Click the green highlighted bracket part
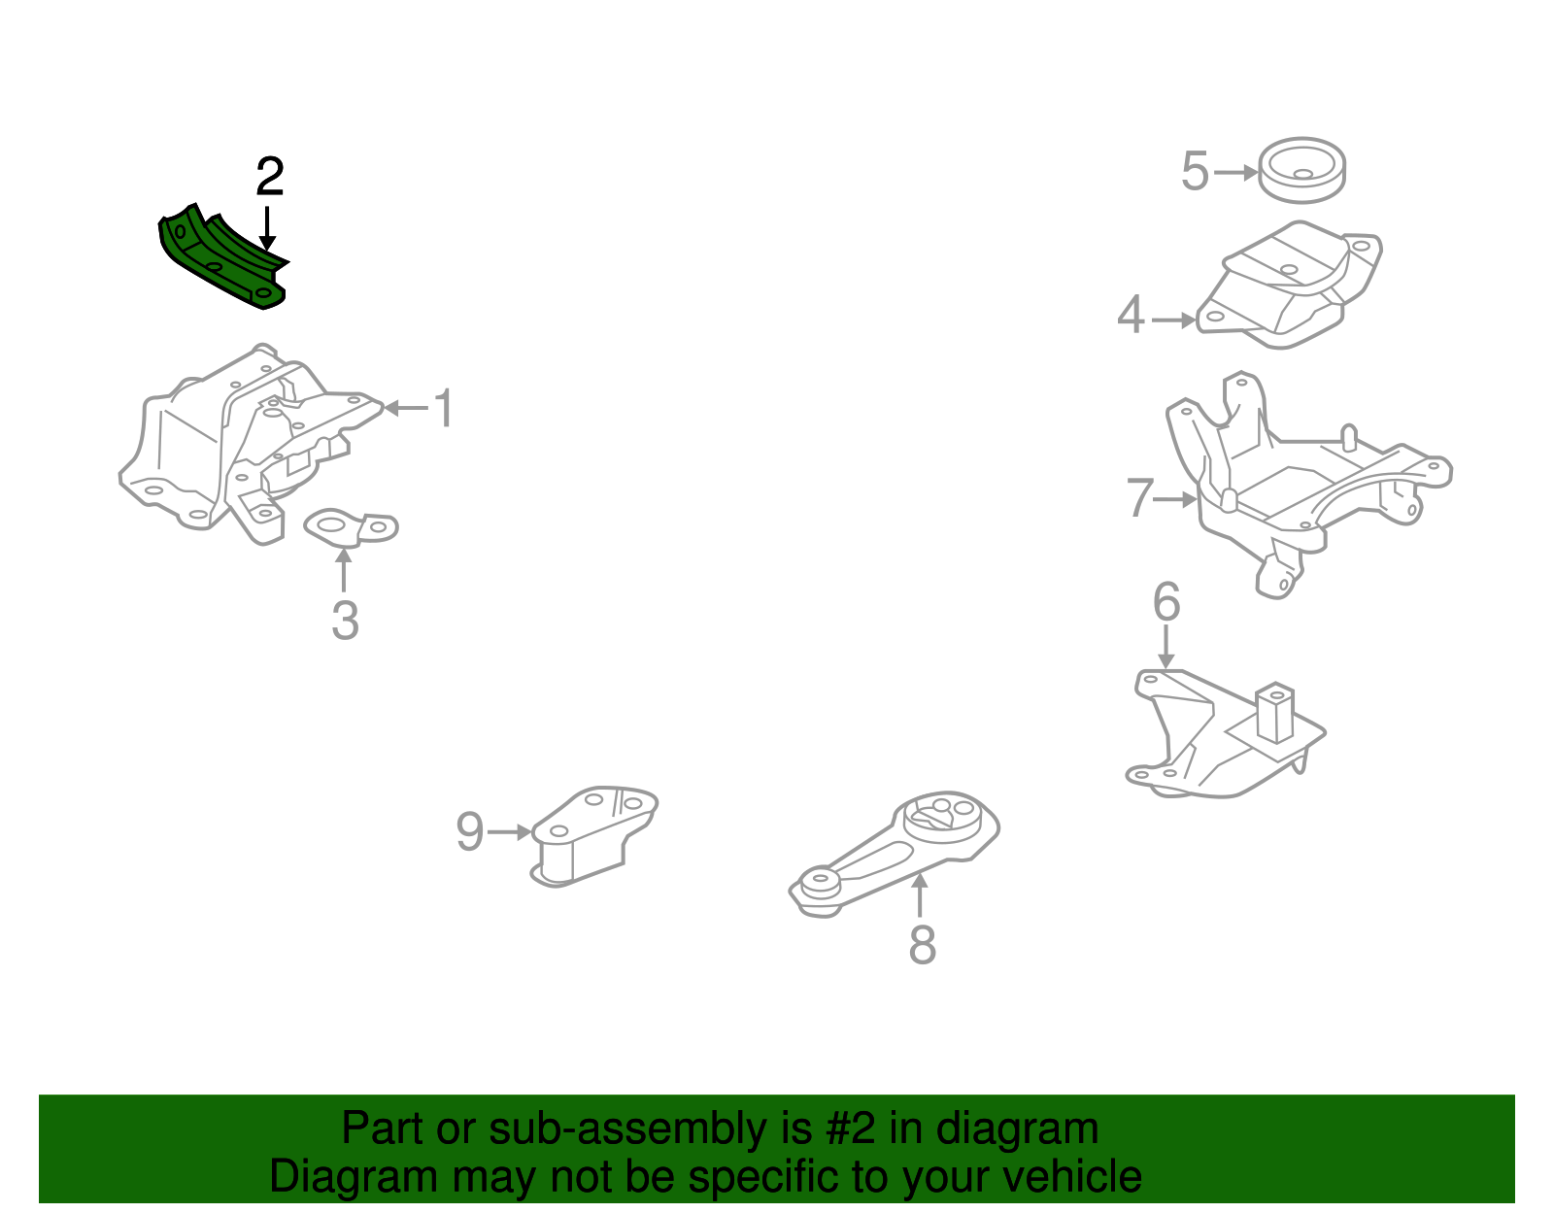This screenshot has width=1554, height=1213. pos(221,260)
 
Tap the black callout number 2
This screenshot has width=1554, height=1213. pos(269,177)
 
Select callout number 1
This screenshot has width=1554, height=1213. pos(443,408)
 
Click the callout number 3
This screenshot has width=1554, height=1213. pos(345,621)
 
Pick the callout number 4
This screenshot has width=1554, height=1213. pos(1131,316)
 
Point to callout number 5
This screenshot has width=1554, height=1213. pos(1195,172)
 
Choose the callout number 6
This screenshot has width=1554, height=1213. pos(1166,602)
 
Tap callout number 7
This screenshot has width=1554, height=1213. pos(1138,498)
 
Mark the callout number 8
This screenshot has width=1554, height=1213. pos(922,944)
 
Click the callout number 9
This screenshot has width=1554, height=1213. pos(469,832)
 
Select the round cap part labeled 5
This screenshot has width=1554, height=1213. pos(1301,170)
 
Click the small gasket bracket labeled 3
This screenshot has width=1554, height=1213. pos(350,527)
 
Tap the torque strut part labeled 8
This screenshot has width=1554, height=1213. pos(894,855)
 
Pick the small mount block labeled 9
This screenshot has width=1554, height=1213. pos(592,835)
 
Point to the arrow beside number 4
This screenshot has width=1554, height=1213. pos(1173,319)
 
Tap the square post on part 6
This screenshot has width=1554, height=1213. pos(1273,714)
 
